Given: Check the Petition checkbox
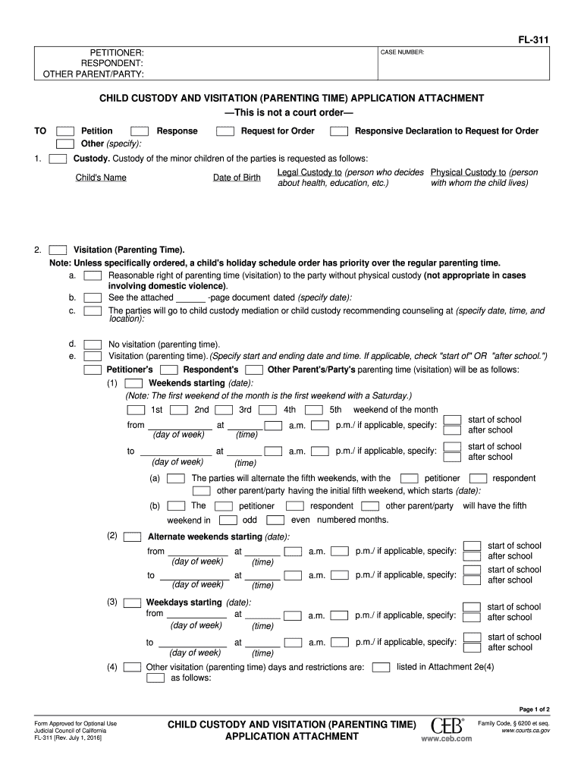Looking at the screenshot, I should [65, 131].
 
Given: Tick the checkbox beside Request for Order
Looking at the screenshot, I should [224, 131].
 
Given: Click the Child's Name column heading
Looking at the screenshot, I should [101, 178].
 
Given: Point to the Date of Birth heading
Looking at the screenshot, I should [237, 178].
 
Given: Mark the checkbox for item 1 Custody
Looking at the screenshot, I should [57, 159].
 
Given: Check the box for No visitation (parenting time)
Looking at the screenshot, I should [93, 344].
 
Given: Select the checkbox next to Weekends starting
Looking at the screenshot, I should [133, 383].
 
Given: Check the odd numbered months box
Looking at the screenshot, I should [228, 521].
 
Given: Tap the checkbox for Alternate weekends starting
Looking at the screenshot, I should [132, 536].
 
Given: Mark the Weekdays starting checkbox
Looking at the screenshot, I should [132, 602].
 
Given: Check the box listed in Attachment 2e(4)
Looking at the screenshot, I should [381, 667].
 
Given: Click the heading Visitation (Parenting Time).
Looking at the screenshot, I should [128, 250].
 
